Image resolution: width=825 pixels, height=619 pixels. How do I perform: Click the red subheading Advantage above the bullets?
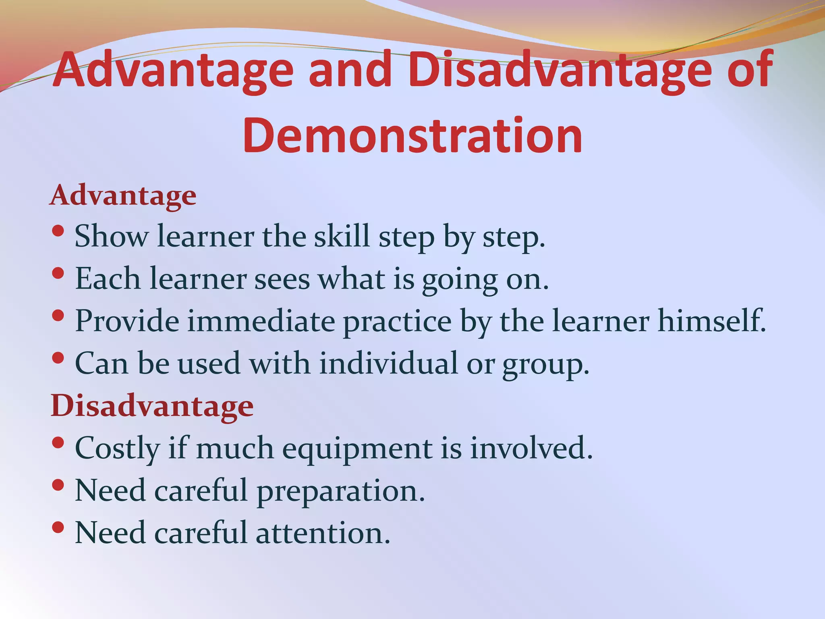point(123,195)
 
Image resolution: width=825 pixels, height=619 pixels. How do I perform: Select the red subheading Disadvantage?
point(152,406)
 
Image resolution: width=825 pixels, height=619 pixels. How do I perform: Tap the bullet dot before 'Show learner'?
point(58,231)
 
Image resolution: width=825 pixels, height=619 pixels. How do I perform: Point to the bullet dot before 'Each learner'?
point(58,273)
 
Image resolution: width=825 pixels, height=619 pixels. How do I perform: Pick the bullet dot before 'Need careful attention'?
point(58,527)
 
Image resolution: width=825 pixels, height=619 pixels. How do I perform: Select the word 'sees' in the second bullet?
point(282,279)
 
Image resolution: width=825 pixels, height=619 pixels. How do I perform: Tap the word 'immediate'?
point(261,321)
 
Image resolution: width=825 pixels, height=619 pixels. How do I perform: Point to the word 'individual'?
point(389,364)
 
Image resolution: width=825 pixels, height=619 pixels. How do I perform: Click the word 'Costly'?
point(118,449)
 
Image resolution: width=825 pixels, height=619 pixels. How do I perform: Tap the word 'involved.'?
point(532,448)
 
